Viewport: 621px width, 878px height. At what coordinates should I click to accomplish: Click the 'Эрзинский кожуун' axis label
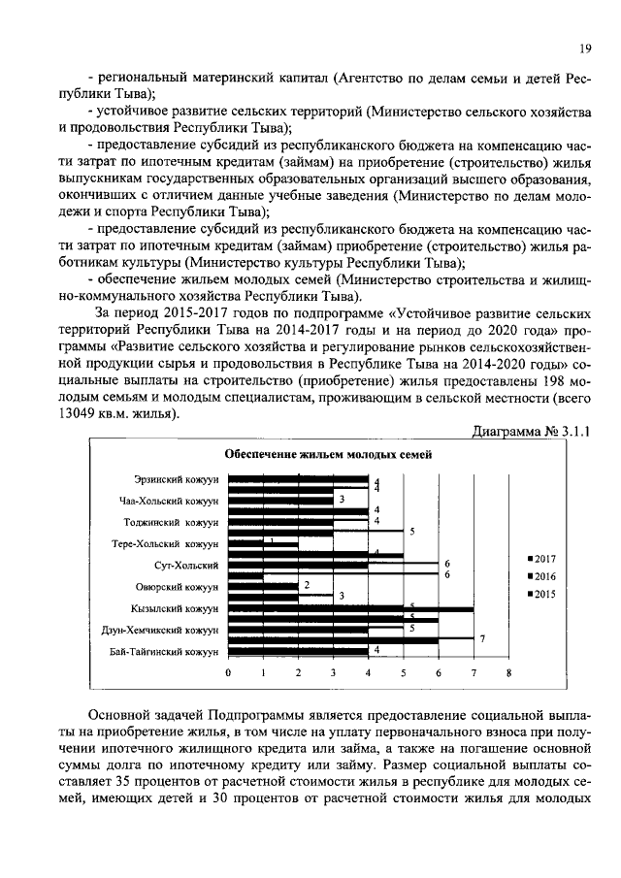pos(177,479)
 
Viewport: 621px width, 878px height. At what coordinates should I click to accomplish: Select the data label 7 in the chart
pos(481,637)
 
